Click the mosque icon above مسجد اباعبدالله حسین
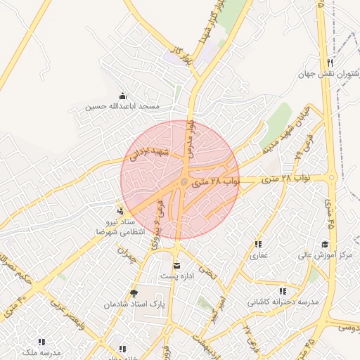click(x=123, y=96)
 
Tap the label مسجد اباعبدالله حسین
click(x=123, y=107)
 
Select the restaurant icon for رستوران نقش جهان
click(x=329, y=63)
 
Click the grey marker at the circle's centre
click(x=184, y=182)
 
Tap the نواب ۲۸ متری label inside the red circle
click(x=211, y=181)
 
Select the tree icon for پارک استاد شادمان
click(x=134, y=293)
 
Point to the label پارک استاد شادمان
click(x=133, y=304)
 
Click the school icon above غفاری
click(x=259, y=244)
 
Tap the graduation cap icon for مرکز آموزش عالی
click(x=325, y=244)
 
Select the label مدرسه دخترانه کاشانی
click(x=283, y=302)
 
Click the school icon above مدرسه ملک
click(x=51, y=340)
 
